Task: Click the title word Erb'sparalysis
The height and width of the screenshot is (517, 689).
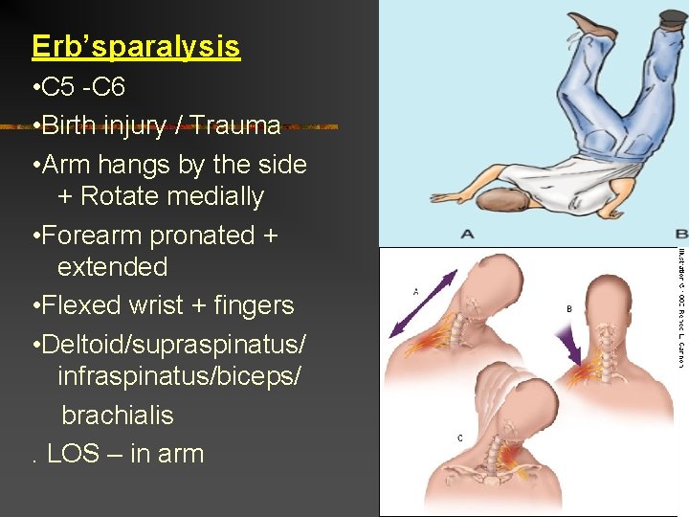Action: tap(135, 46)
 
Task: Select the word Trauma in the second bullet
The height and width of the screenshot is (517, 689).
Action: tap(235, 125)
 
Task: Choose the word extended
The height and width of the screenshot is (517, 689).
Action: tap(112, 266)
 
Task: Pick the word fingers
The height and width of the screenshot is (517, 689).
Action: tap(254, 305)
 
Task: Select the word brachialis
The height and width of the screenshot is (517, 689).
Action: tap(118, 415)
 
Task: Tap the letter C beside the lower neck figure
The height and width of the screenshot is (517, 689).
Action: tap(460, 438)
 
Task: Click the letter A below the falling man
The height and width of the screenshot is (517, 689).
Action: tap(467, 234)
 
